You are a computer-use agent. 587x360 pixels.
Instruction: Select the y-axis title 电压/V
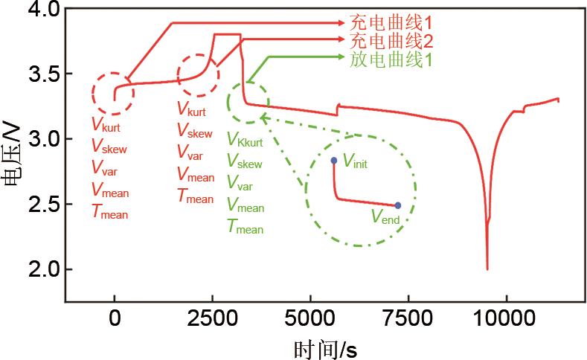pyautogui.click(x=12, y=157)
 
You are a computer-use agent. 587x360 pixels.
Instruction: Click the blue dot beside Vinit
pyautogui.click(x=333, y=161)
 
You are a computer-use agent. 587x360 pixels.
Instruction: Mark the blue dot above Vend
pyautogui.click(x=398, y=205)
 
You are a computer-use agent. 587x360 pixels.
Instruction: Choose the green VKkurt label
pyautogui.click(x=246, y=140)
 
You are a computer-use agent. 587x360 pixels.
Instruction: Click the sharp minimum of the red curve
pyautogui.click(x=487, y=269)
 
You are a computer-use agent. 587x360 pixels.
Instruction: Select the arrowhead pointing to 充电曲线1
pyautogui.click(x=342, y=23)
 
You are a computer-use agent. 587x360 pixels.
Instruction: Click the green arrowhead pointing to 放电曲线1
pyautogui.click(x=342, y=57)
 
